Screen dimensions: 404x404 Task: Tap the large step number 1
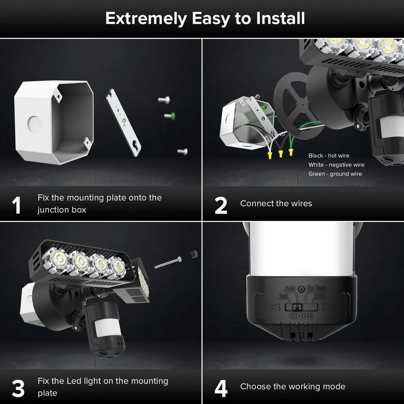click(16, 206)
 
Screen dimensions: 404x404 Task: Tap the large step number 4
click(221, 389)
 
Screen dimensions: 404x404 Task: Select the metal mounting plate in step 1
click(123, 123)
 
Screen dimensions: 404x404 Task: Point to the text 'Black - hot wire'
click(329, 156)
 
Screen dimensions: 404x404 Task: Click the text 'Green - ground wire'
click(335, 174)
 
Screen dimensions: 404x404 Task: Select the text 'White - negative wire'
click(336, 165)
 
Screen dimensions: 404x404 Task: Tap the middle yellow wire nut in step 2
click(281, 153)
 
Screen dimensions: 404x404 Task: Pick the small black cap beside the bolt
click(194, 254)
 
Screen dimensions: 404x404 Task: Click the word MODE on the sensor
click(301, 316)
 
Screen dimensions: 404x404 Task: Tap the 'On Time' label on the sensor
click(316, 288)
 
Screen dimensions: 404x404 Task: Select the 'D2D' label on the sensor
click(319, 296)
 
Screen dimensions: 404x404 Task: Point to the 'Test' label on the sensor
click(283, 296)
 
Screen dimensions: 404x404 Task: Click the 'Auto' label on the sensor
click(290, 288)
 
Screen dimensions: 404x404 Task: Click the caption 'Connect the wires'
click(276, 204)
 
